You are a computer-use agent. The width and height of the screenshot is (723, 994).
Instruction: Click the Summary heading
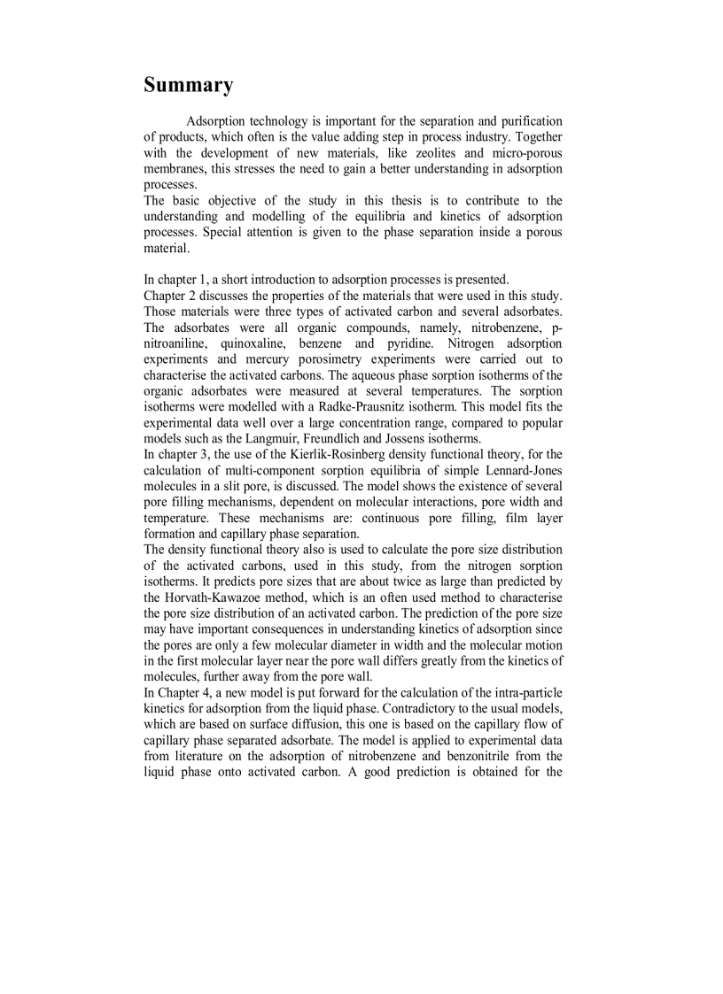click(189, 86)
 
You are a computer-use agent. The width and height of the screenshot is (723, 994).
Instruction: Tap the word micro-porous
click(524, 153)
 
